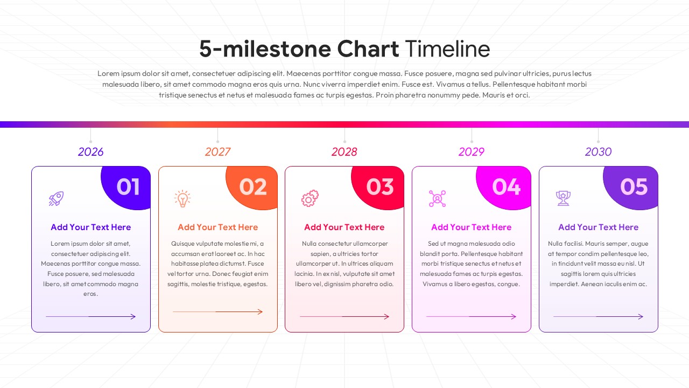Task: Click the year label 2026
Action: coord(90,152)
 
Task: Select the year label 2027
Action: coord(217,152)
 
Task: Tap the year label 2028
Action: coord(344,152)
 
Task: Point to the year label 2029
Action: coord(472,152)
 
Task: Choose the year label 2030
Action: coord(598,152)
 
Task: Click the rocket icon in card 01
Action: coord(56,199)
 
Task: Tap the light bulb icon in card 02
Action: coord(182,199)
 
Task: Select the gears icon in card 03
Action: coord(310,199)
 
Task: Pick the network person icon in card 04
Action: coord(437,199)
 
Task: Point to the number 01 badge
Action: coord(128,187)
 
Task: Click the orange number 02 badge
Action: coord(253,187)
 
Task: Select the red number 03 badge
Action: coord(380,187)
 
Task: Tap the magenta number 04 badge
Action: coord(506,187)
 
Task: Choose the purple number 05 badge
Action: coord(633,187)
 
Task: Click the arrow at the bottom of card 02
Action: coord(217,311)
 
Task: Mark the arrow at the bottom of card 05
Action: coord(598,316)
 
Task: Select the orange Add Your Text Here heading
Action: coord(217,227)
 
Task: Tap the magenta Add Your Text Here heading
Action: coord(472,227)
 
